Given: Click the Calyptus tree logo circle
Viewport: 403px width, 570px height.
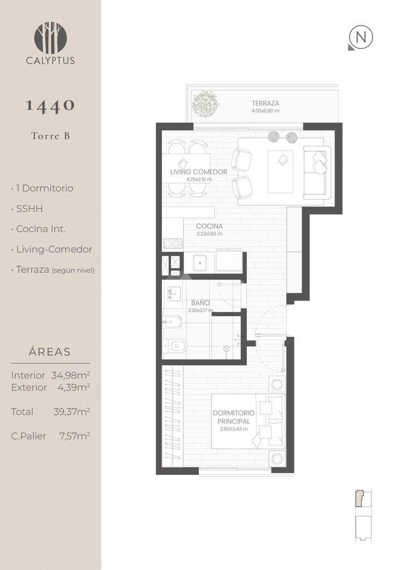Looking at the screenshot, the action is [51, 38].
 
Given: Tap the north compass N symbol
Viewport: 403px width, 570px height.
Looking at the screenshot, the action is [361, 38].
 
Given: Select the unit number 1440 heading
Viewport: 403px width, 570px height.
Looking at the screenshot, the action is [51, 105].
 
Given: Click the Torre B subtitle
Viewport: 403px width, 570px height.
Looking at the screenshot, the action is [51, 136].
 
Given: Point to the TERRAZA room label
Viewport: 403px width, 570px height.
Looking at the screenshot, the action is [266, 103].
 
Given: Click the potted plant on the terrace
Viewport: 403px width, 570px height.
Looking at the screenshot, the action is [206, 104].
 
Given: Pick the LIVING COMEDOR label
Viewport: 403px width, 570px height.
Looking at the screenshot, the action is [199, 172].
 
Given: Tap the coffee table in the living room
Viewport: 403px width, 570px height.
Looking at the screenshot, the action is [281, 172].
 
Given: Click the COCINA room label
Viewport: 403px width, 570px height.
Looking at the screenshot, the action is [209, 226].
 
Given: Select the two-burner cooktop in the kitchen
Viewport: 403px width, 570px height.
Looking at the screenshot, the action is [173, 243].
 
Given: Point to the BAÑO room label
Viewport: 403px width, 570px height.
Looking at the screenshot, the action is [200, 303].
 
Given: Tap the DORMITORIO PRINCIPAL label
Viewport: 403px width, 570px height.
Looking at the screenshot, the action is [234, 417].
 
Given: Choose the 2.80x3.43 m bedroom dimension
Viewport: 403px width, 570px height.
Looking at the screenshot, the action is [234, 429].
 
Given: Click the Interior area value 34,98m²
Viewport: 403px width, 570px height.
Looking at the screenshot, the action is [71, 375].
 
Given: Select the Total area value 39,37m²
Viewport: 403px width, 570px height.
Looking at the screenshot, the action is [72, 411].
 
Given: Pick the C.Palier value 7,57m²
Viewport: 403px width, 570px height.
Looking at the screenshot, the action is [75, 436].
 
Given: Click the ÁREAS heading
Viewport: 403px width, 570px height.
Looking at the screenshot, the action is [50, 352].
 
